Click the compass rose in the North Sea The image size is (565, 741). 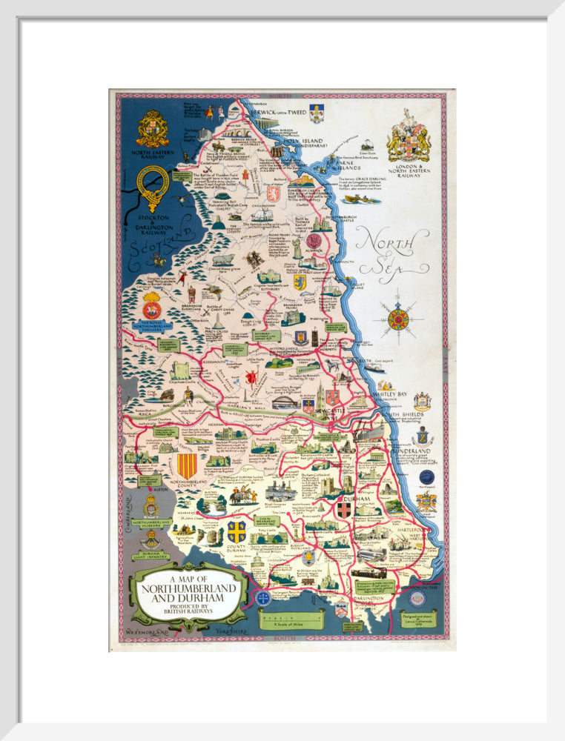point(398,319)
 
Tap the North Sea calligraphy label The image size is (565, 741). point(391,250)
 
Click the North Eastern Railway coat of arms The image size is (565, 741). point(152,128)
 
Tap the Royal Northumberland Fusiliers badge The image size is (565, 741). point(152,306)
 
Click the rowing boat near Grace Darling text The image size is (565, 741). point(361,199)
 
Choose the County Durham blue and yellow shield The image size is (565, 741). point(237,531)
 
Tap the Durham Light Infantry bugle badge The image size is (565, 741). point(151,539)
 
